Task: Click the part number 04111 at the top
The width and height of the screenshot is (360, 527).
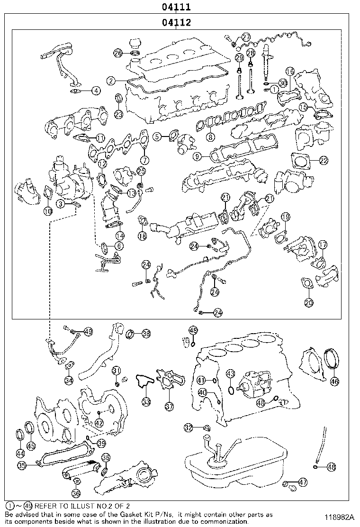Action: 176,7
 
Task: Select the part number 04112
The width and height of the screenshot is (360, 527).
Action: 176,22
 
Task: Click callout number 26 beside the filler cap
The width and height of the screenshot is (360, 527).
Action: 118,53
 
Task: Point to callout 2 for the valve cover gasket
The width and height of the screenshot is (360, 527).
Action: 110,81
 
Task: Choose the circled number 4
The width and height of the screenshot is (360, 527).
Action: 96,90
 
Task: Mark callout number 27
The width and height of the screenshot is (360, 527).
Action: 246,37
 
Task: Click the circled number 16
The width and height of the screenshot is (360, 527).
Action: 290,72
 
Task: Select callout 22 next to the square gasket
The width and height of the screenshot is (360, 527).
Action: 323,161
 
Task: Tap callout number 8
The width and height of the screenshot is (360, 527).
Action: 210,137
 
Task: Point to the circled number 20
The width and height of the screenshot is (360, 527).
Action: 308,301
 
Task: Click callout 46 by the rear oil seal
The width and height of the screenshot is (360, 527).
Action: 334,381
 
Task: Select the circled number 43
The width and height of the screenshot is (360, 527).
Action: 230,374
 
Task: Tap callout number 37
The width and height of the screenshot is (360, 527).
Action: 169,406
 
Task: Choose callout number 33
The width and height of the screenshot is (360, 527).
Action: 146,402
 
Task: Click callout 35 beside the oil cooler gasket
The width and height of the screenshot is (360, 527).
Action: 22,465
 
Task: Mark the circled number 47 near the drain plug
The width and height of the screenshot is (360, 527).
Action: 303,482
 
